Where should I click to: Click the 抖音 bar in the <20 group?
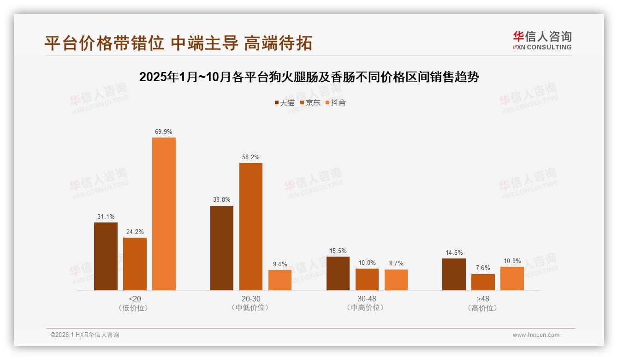click(x=164, y=214)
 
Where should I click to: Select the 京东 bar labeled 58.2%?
click(x=250, y=227)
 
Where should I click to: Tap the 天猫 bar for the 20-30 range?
click(x=222, y=248)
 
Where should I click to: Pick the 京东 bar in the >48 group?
click(x=483, y=282)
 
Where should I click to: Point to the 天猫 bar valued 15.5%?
click(x=338, y=273)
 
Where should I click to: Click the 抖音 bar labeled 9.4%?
click(x=280, y=280)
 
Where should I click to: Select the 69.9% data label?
click(x=164, y=132)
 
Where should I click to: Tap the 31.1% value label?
click(x=106, y=216)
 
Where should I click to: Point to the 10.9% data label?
click(x=512, y=261)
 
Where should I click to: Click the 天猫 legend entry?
click(x=285, y=102)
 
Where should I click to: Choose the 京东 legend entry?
click(x=310, y=102)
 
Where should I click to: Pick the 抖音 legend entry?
click(x=336, y=102)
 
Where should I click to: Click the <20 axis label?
click(x=135, y=299)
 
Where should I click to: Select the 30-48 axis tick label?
click(x=367, y=299)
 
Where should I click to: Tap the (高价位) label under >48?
click(x=483, y=308)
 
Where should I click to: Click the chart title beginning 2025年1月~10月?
click(x=309, y=77)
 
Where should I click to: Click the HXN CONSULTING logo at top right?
click(x=542, y=40)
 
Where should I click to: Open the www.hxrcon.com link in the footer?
click(x=536, y=335)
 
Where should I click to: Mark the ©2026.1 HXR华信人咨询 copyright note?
click(x=85, y=335)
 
